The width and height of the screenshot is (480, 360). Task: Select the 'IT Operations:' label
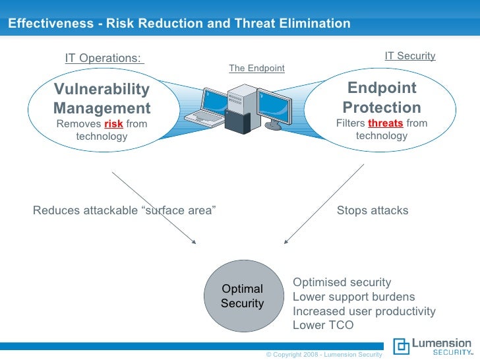(x=104, y=58)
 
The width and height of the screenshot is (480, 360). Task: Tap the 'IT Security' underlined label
(x=410, y=56)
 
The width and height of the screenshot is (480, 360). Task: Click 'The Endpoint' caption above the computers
(x=256, y=68)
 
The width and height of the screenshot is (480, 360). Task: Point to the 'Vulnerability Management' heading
(x=102, y=98)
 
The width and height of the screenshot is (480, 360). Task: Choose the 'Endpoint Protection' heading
(x=382, y=98)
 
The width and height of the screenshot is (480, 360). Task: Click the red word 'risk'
(x=113, y=124)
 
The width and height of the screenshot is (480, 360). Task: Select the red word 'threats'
(x=385, y=123)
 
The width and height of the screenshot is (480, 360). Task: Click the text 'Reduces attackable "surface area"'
(x=125, y=211)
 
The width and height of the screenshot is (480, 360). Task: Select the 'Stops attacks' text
(x=373, y=211)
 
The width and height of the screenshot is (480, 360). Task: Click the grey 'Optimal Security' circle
(x=243, y=296)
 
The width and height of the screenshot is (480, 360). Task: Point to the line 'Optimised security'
(x=342, y=282)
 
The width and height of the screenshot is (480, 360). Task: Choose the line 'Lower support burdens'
(x=353, y=297)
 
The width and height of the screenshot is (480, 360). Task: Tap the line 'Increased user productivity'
(x=364, y=311)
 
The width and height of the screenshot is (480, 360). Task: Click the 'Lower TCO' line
(x=323, y=326)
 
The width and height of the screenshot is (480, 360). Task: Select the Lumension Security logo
(x=433, y=347)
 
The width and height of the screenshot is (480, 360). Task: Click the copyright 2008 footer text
(x=323, y=355)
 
